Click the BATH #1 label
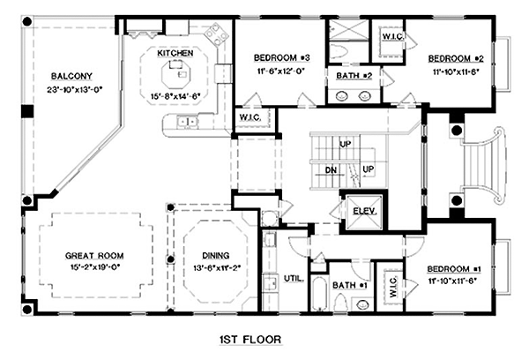pos(350,285)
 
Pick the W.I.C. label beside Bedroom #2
pos(391,37)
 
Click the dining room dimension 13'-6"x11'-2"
pos(212,268)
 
